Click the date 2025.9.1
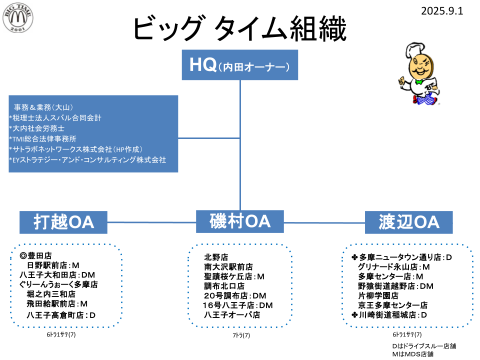click(x=442, y=10)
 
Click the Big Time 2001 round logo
click(x=18, y=19)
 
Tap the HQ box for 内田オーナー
click(x=240, y=65)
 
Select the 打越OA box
click(x=63, y=222)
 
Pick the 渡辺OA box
click(x=408, y=222)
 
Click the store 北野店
click(x=216, y=257)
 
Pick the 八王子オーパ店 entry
click(x=232, y=315)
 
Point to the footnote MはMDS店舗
click(x=412, y=354)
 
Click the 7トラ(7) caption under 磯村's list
click(x=241, y=335)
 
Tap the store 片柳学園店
click(x=378, y=295)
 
